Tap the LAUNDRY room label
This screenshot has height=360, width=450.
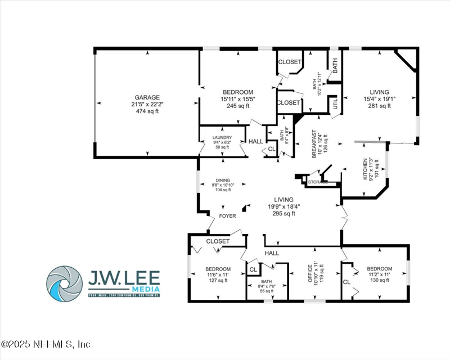tap(222, 138)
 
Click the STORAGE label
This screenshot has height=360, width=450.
tap(318, 182)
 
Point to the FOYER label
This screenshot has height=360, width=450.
tap(227, 215)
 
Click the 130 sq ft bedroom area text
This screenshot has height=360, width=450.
tap(379, 280)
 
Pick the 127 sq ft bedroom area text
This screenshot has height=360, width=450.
tap(218, 280)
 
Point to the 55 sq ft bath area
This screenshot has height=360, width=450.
tap(267, 290)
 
